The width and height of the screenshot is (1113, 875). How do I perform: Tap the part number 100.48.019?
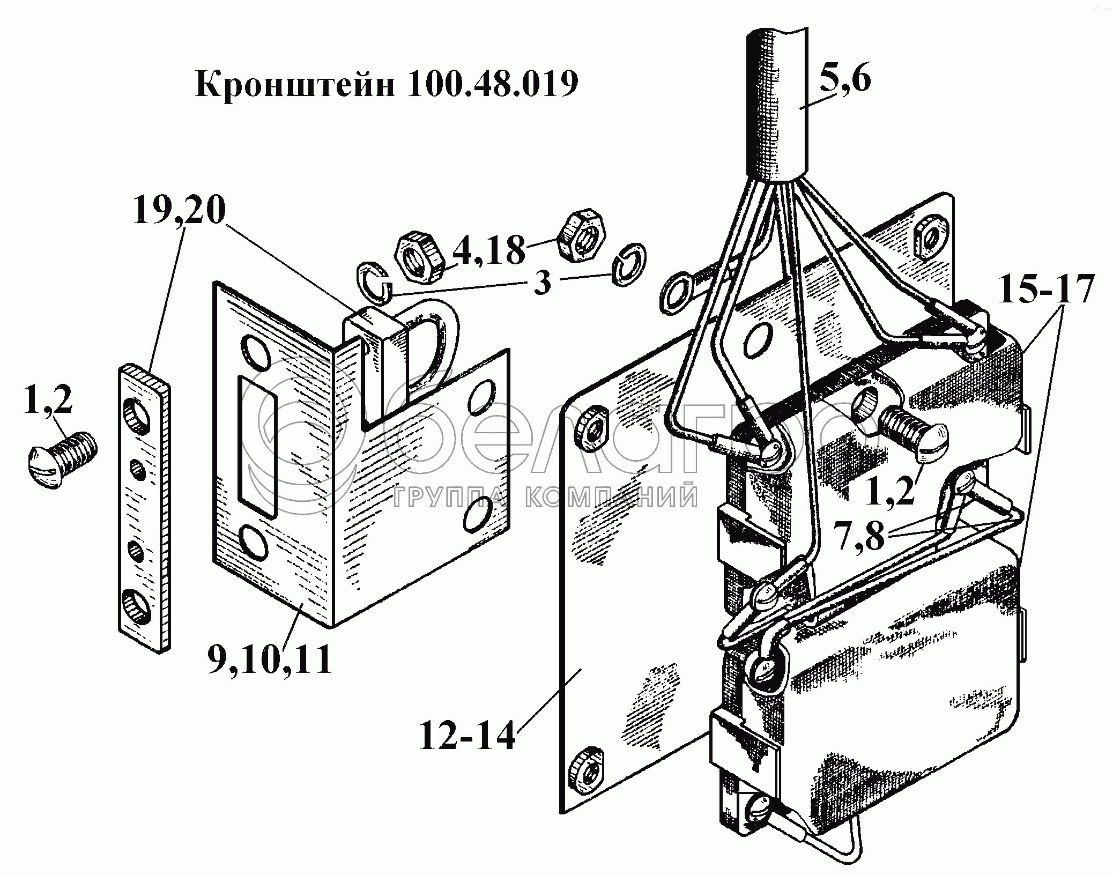pyautogui.click(x=492, y=84)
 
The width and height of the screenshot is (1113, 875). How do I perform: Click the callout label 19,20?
pyautogui.click(x=179, y=211)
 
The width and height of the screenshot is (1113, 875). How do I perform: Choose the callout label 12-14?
pyautogui.click(x=467, y=737)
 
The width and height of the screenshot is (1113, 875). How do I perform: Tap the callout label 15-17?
pyautogui.click(x=1045, y=290)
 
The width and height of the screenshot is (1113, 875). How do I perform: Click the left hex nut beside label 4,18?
pyautogui.click(x=419, y=256)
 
